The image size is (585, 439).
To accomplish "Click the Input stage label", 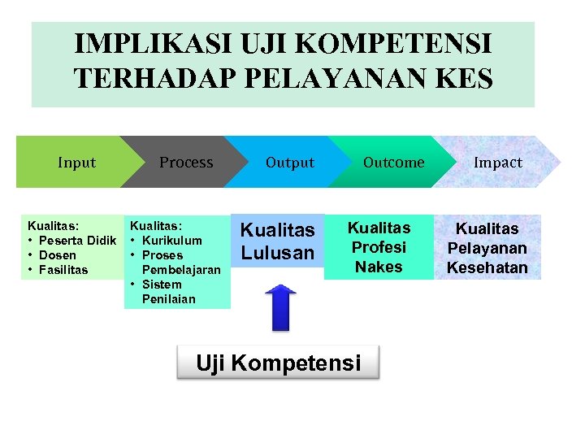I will [x=76, y=163].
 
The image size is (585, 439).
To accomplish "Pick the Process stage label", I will [x=186, y=163].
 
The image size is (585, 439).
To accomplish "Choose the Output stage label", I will [x=289, y=163].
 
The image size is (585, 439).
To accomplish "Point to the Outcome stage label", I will [x=393, y=163].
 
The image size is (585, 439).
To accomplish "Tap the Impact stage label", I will [x=498, y=163].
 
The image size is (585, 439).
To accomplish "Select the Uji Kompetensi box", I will [x=278, y=363].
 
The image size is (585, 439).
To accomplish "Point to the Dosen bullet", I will [x=57, y=255].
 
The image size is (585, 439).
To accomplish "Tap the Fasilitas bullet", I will [x=63, y=270].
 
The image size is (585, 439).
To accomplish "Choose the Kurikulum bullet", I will [x=171, y=241].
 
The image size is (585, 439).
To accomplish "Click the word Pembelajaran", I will [x=180, y=270].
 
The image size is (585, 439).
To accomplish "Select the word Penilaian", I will [x=168, y=299].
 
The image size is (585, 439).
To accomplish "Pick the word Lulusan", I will [x=277, y=253].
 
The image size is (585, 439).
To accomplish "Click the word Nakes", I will [x=379, y=267].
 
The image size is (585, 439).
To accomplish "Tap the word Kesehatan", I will [x=487, y=267].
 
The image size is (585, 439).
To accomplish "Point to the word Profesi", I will [x=379, y=247].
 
